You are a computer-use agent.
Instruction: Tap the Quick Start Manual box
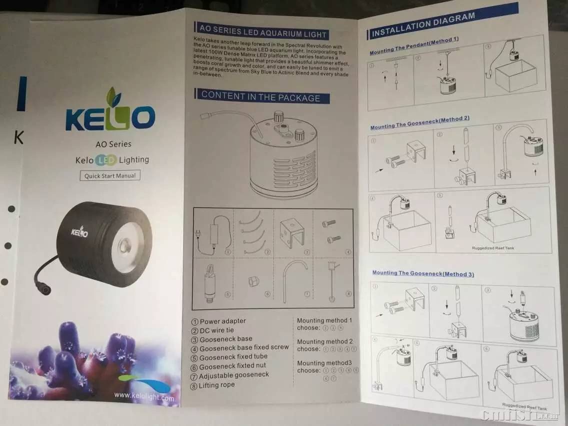pyautogui.click(x=110, y=176)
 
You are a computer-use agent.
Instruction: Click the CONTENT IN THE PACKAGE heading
pyautogui.click(x=261, y=96)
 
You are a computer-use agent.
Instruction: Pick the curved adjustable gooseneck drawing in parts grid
pyautogui.click(x=295, y=280)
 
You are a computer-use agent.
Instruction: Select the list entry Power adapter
pyautogui.click(x=222, y=321)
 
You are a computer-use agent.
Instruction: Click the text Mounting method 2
pyautogui.click(x=324, y=341)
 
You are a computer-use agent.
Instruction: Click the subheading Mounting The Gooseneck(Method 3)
pyautogui.click(x=423, y=273)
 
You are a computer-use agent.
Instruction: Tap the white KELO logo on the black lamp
pyautogui.click(x=79, y=232)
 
